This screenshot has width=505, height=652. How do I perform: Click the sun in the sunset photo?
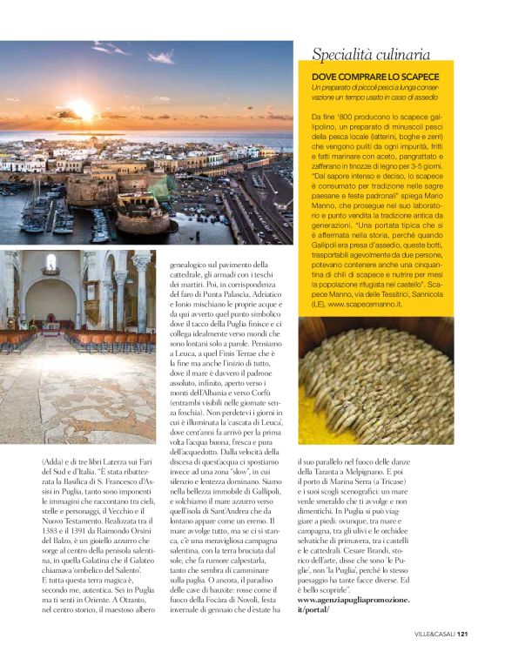80,110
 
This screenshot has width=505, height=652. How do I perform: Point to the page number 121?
463,633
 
